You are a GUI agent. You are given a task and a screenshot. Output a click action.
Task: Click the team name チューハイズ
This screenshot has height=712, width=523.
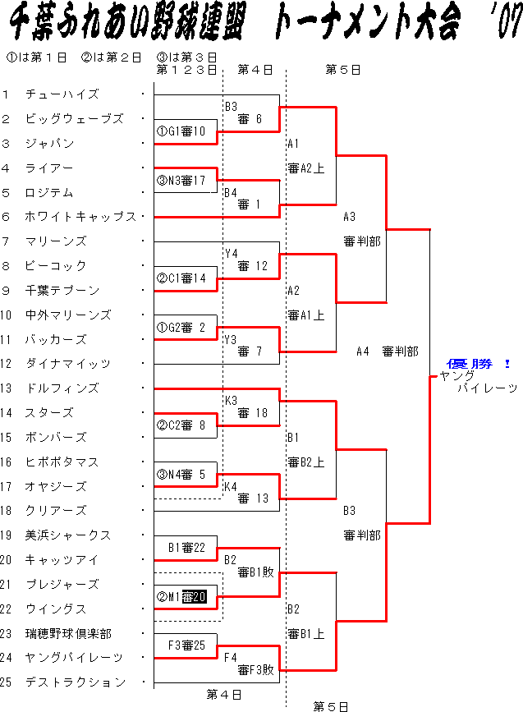tap(62, 94)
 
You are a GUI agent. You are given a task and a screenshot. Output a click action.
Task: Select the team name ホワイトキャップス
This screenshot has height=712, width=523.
tap(81, 217)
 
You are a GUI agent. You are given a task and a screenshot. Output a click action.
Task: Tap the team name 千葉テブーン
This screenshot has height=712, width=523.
tap(62, 291)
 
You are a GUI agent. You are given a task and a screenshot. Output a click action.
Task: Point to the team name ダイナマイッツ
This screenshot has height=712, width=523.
tap(68, 364)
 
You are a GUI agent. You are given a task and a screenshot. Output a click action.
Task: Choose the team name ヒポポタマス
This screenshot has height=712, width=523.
tap(62, 462)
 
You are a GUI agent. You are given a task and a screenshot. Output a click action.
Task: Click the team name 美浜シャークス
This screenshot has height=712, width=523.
tap(62, 535)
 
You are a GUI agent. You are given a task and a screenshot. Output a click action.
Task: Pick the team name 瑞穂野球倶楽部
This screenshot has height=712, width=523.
tap(68, 634)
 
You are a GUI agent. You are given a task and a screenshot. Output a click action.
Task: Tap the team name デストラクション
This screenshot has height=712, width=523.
tap(76, 682)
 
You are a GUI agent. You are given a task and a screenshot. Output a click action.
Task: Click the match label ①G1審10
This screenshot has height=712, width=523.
tap(181, 131)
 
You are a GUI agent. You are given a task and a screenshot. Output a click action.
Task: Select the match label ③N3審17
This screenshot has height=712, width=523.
tap(181, 180)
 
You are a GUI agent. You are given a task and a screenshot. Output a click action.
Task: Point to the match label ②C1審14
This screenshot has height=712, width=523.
tap(181, 278)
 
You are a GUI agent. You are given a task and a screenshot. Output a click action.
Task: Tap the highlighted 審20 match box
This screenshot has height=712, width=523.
tap(194, 597)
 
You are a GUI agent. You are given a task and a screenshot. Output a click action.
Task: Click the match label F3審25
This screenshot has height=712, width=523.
tap(186, 646)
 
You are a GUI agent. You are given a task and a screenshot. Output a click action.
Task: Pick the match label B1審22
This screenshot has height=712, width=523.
tap(186, 548)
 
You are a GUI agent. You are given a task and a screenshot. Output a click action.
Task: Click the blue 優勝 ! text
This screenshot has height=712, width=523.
tap(479, 363)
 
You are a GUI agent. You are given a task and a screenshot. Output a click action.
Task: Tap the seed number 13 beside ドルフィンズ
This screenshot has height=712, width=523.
tap(7, 388)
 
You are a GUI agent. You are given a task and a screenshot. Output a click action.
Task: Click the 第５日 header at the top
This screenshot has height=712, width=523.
tap(343, 71)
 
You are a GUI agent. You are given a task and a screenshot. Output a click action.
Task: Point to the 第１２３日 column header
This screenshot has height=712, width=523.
tap(186, 71)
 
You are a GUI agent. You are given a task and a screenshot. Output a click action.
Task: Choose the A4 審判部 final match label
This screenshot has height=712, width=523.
tap(388, 351)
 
